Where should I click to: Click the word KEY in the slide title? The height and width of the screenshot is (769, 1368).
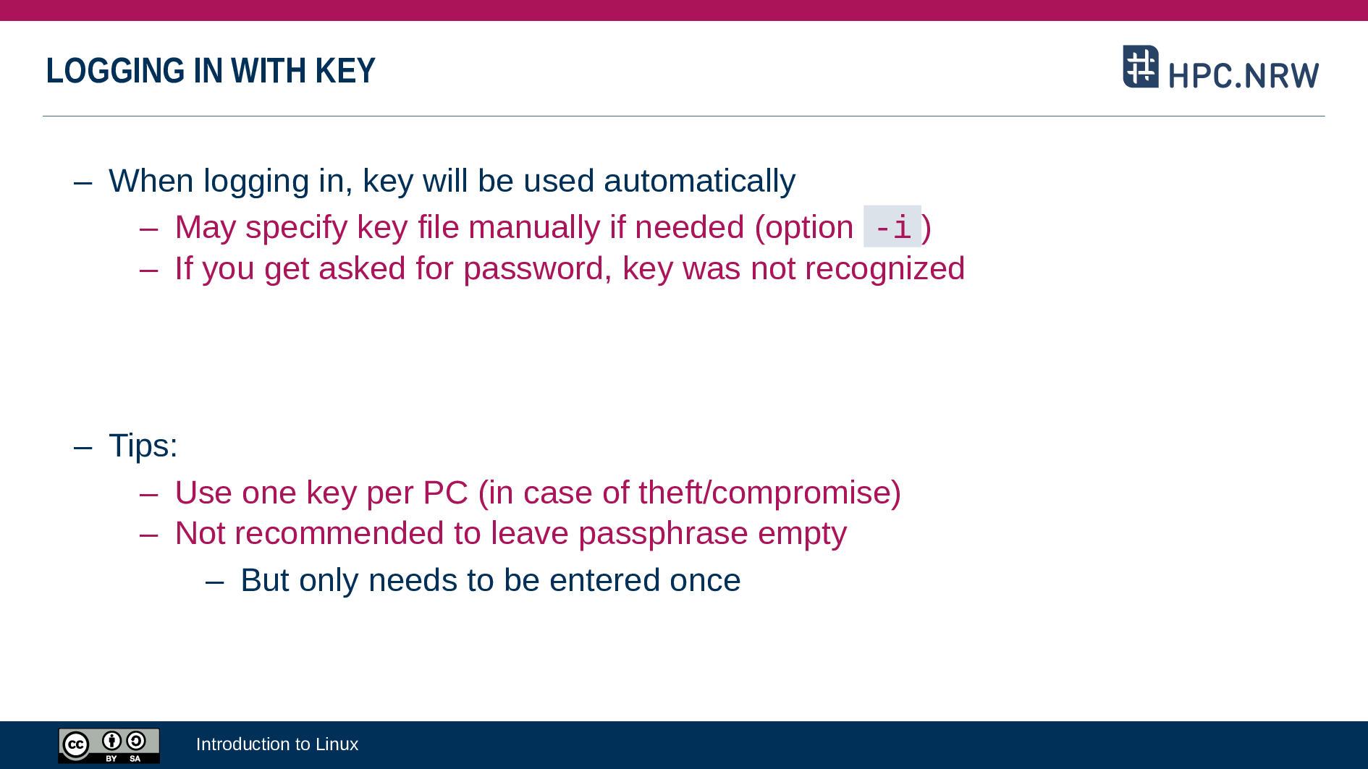[345, 71]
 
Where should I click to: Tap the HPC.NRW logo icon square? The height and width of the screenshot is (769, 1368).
[1141, 67]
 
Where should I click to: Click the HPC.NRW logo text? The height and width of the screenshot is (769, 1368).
[1244, 75]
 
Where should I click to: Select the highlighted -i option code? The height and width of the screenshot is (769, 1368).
[892, 227]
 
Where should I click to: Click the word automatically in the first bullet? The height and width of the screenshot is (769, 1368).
[699, 181]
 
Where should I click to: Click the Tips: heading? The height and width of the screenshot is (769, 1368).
[143, 446]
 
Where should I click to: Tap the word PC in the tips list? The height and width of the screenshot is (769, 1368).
[446, 493]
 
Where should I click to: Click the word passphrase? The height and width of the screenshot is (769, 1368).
[663, 534]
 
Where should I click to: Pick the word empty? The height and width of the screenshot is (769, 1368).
[802, 534]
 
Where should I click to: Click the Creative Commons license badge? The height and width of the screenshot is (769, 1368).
[109, 745]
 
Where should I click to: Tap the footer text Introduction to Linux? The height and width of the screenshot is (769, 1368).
[277, 744]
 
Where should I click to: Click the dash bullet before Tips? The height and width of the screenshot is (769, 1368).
[83, 447]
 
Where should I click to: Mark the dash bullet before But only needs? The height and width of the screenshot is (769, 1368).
[215, 582]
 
